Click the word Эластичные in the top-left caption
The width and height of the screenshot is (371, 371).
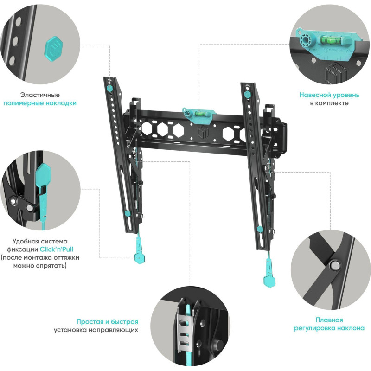[40, 95]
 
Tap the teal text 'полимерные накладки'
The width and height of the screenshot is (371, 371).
[40, 103]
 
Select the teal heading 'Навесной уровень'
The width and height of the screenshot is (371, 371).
[329, 95]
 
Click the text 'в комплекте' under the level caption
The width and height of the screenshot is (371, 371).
[329, 103]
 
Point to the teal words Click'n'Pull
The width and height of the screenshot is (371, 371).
[57, 249]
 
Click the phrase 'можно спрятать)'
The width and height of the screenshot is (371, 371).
[40, 265]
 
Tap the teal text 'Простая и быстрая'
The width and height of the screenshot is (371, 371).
[107, 322]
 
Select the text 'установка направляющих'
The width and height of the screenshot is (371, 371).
[96, 330]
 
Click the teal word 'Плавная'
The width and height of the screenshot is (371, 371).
[329, 320]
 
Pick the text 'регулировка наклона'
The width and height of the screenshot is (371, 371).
[329, 328]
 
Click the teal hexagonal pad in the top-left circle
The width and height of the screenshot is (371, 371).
[53, 49]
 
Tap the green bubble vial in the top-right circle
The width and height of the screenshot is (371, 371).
[330, 39]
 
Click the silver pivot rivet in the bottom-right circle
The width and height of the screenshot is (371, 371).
[334, 266]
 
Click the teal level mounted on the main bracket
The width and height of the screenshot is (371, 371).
[199, 115]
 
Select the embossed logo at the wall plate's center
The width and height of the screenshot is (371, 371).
[203, 131]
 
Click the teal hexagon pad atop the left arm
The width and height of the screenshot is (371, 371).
[109, 88]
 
